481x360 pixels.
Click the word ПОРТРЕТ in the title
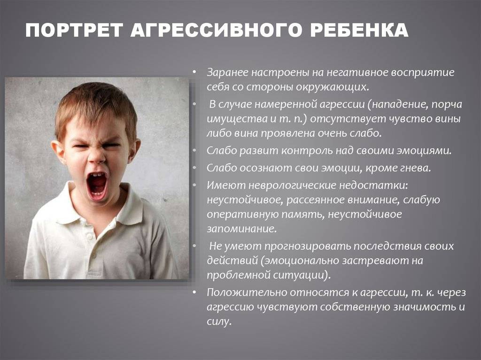[x=74, y=31]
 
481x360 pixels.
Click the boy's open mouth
[x=97, y=185]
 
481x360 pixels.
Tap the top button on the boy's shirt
[x=90, y=237]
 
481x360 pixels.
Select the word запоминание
[x=241, y=229]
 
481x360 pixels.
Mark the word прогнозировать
[x=307, y=246]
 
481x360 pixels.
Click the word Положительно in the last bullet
[x=246, y=292]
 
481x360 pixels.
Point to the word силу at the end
[x=218, y=322]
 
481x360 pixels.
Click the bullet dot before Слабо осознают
[x=194, y=168]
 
